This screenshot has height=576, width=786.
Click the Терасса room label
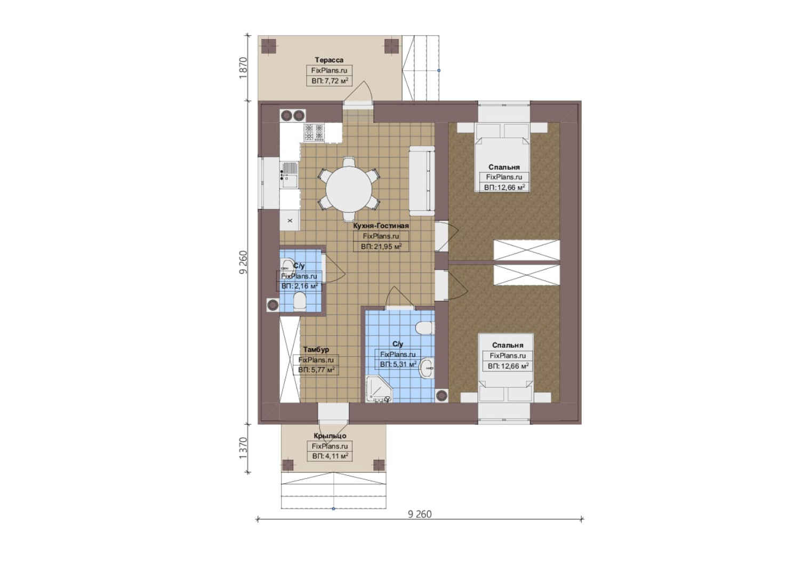tap(329, 60)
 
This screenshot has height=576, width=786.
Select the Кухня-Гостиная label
tap(381, 226)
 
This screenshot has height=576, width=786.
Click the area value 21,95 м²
tap(381, 247)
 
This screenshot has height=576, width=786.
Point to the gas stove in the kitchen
tap(314, 133)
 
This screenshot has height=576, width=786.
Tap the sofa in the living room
tap(422, 181)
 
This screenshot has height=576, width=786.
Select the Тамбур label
tap(316, 350)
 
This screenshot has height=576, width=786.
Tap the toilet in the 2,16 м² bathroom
tap(300, 302)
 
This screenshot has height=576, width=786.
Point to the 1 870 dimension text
tap(243, 68)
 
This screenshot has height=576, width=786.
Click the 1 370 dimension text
tap(243, 448)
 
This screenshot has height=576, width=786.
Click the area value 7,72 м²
tap(330, 81)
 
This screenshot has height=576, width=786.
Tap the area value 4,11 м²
tap(330, 457)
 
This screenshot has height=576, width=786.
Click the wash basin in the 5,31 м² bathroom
tap(427, 369)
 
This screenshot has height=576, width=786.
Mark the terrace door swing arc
tap(358, 90)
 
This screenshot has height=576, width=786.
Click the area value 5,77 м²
tap(316, 370)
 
